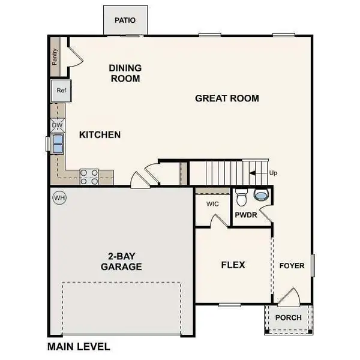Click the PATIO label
click(125, 20)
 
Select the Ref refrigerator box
click(61, 91)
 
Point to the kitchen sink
click(58, 144)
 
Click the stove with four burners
click(89, 176)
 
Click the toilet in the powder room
click(241, 196)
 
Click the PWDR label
click(247, 213)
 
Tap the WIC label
click(212, 204)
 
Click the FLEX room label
click(233, 265)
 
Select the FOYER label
click(292, 265)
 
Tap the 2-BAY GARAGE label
click(121, 261)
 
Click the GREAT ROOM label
click(227, 98)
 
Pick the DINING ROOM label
click(125, 73)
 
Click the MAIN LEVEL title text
click(79, 346)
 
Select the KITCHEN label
click(100, 135)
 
